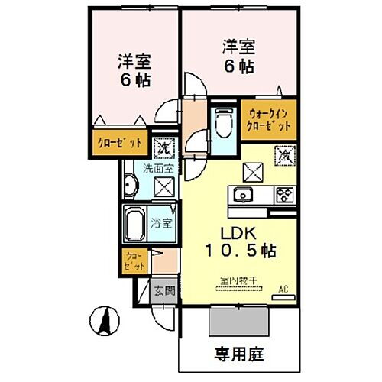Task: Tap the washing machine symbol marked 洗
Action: [163, 146]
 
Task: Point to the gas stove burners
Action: [285, 194]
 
